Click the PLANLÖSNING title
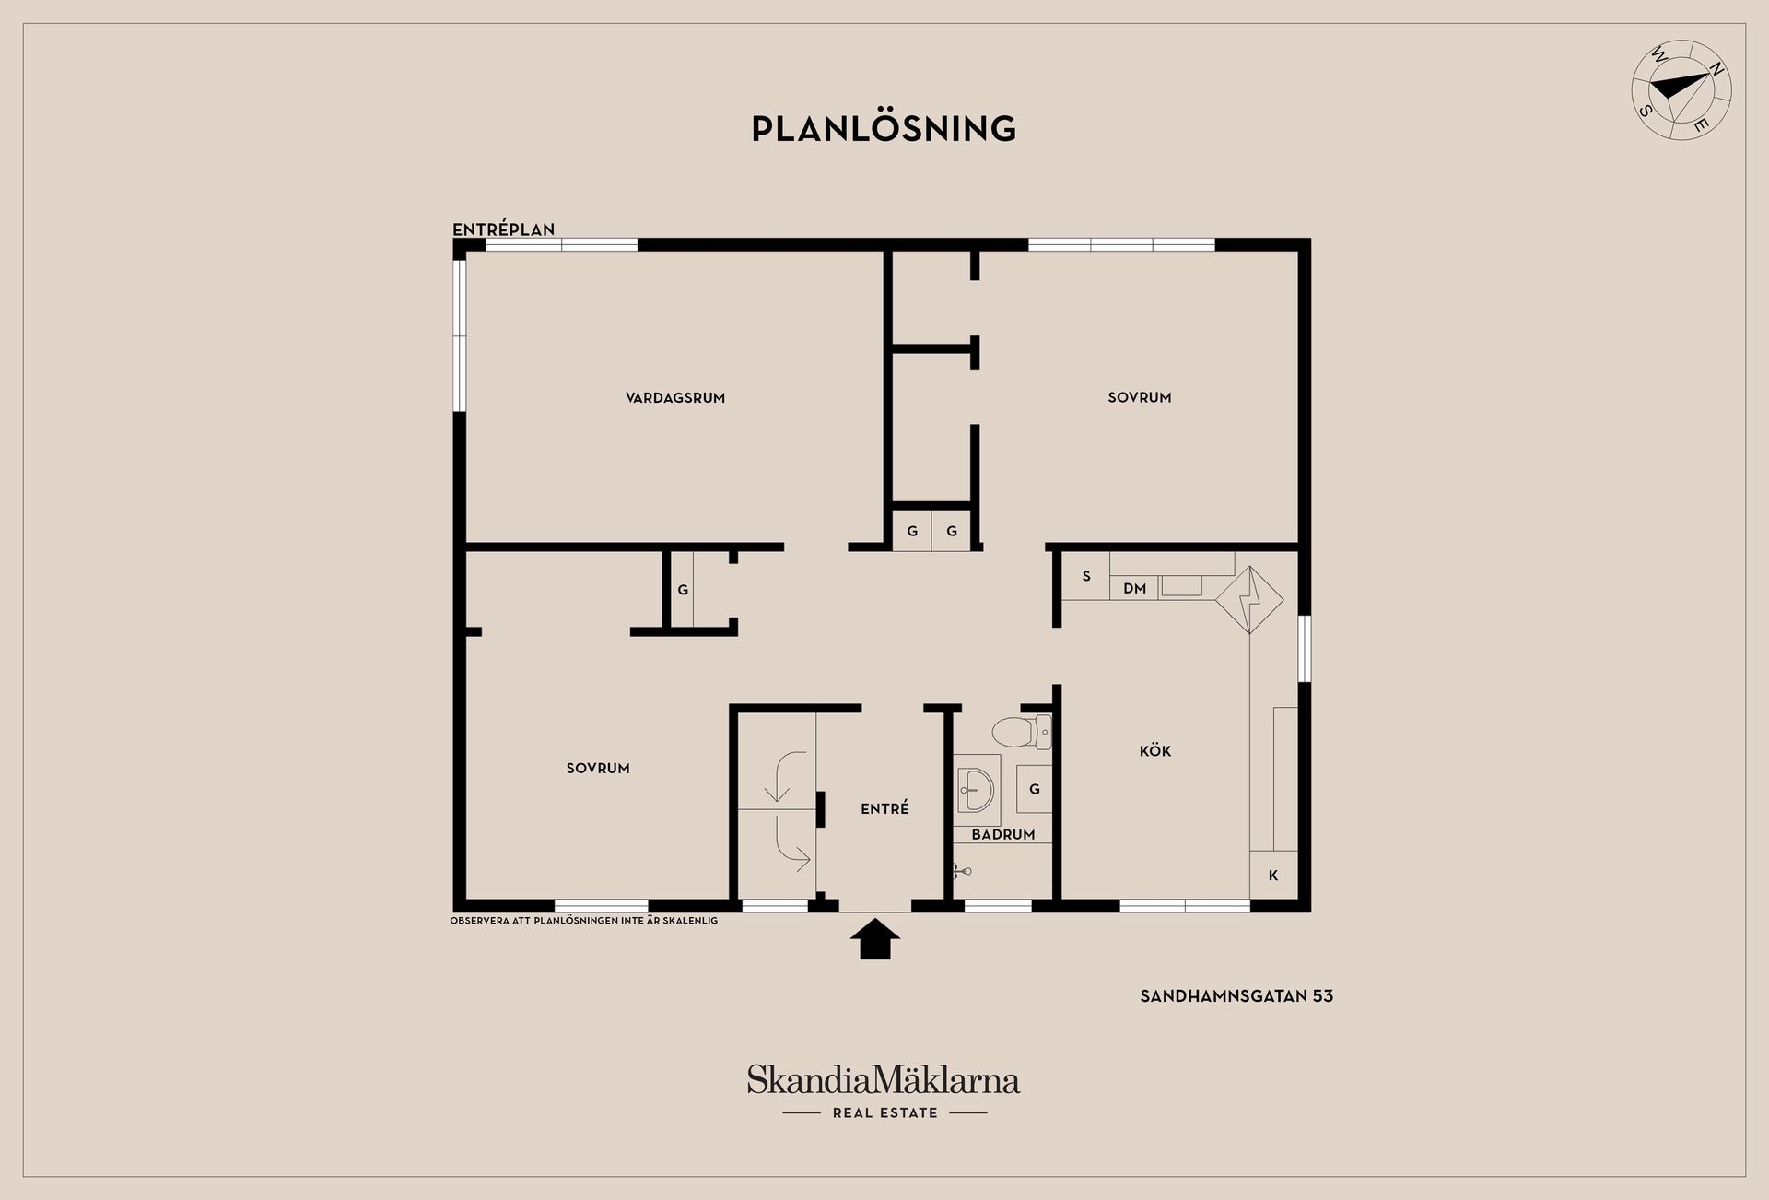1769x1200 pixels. (x=884, y=128)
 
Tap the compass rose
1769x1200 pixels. (x=1681, y=89)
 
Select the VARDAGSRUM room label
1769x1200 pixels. (x=675, y=398)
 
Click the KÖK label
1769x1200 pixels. (x=1155, y=750)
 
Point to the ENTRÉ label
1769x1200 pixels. (x=884, y=808)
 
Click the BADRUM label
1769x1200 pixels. (x=1003, y=834)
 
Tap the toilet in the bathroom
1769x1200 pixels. (x=1022, y=732)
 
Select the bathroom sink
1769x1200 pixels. (x=977, y=790)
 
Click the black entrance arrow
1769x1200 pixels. (x=874, y=938)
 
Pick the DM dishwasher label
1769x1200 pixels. (x=1134, y=588)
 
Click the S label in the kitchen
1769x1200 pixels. (x=1086, y=576)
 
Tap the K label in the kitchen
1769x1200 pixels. (x=1273, y=876)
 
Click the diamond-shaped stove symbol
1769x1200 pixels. (x=1249, y=600)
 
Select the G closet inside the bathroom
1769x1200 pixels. (x=1035, y=789)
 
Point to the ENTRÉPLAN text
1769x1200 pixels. (x=504, y=229)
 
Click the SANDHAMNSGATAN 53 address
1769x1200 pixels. (x=1236, y=996)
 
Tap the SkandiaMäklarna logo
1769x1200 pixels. (x=883, y=1080)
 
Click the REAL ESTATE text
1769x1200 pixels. (x=884, y=1113)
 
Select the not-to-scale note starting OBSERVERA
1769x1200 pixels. (x=583, y=920)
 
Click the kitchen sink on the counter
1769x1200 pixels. (x=1181, y=586)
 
